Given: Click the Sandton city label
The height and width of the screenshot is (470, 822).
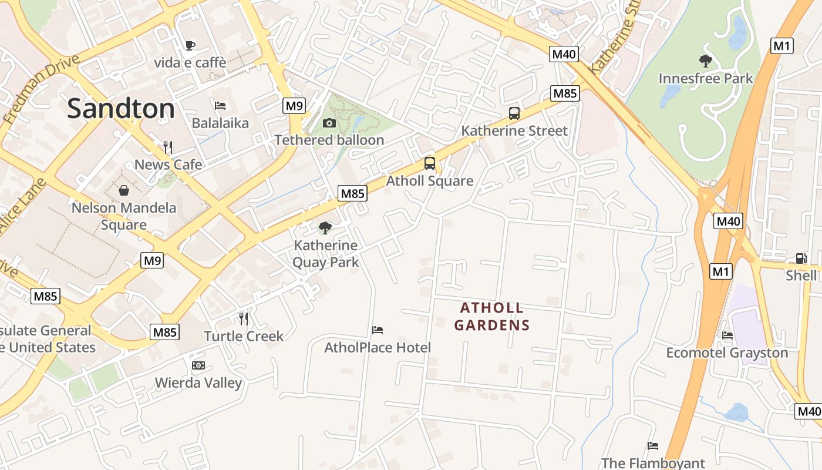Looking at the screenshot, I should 121,109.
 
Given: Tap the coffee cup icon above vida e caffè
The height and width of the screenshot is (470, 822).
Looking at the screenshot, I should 190,45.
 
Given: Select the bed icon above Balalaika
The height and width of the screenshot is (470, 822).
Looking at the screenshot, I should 220,106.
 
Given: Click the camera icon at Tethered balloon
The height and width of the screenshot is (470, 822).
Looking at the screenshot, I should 329,123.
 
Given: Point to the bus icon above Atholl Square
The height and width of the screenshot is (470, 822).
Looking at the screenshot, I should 430,163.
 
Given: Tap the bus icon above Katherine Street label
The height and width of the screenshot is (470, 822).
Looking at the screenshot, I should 514,113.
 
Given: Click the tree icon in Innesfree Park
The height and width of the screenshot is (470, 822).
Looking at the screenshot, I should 705,61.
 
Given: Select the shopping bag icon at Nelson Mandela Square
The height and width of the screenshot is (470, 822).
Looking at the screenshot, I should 124,190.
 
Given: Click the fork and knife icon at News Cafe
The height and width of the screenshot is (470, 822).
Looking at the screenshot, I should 168,147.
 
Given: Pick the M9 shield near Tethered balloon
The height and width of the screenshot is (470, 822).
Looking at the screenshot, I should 294,106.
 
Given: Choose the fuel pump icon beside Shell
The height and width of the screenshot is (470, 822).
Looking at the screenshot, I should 801,258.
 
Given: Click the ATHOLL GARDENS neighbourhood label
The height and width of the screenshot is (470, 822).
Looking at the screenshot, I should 492,316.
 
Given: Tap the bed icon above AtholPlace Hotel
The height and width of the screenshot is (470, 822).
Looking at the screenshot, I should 378,330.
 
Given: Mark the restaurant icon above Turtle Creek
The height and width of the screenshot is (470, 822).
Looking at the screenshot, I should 244,319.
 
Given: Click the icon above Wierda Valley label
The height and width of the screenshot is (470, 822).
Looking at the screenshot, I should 198,365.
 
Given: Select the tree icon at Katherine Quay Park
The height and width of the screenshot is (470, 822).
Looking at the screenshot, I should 325,228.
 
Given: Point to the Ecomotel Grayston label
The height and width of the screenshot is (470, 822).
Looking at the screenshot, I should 727,352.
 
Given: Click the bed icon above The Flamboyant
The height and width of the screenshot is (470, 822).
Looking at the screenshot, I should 652,446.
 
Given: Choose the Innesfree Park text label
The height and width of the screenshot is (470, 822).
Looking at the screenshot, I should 705,78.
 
